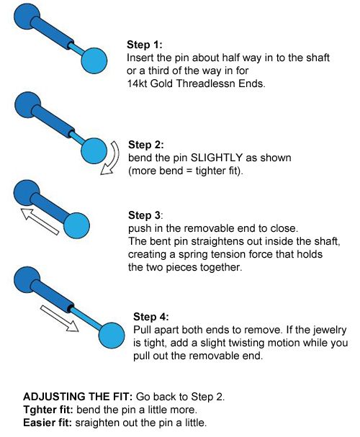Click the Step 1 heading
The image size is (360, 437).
(x=144, y=45)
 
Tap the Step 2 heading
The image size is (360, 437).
(x=146, y=145)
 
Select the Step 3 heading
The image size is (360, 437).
(x=145, y=215)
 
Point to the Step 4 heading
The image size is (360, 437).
(x=151, y=317)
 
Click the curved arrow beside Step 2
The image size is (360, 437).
(x=114, y=158)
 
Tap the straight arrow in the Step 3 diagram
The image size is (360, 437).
(x=40, y=221)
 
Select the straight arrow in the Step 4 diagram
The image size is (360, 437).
(x=59, y=318)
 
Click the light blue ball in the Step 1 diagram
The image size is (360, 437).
(x=94, y=60)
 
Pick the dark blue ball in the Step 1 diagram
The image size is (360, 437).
(x=27, y=16)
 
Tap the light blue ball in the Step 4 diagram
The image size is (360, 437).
(x=112, y=335)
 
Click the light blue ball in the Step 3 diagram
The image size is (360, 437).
(x=76, y=225)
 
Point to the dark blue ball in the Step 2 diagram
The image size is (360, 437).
(x=27, y=105)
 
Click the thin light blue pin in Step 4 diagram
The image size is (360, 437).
(x=86, y=317)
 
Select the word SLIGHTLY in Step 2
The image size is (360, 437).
(x=216, y=158)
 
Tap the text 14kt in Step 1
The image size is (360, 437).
(x=137, y=84)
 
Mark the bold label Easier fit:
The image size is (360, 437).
(x=48, y=423)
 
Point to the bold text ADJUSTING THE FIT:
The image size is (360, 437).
(x=78, y=397)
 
